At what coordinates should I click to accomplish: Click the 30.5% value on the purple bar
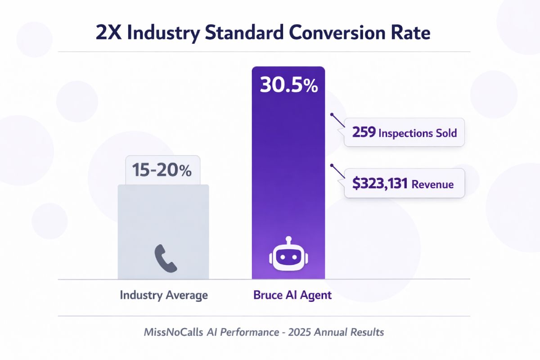coord(288,85)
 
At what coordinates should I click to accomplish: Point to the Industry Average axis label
coord(164,296)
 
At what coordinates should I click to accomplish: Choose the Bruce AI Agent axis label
coord(292,296)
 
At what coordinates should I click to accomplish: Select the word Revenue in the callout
coord(432,184)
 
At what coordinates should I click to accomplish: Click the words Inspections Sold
coord(418,133)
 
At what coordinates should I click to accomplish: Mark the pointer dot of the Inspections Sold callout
coord(332,114)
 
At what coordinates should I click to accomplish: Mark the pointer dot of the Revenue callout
coord(332,165)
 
